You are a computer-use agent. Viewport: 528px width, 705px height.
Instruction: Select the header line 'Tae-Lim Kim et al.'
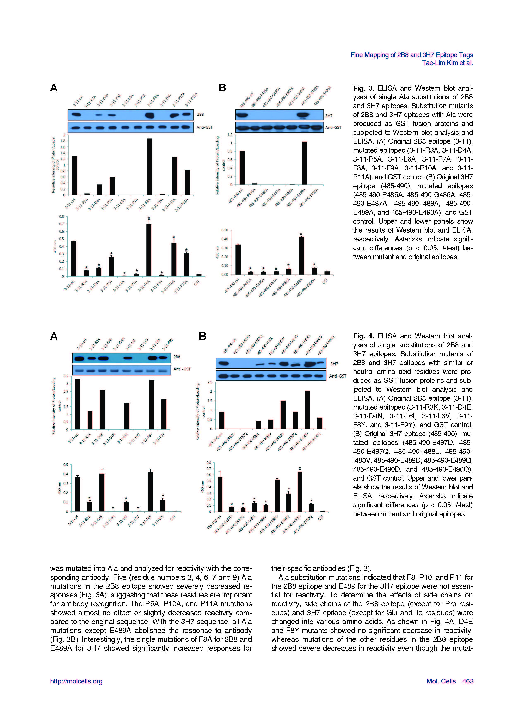coord(447,63)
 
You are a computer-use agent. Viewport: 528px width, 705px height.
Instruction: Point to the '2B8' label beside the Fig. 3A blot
coord(200,114)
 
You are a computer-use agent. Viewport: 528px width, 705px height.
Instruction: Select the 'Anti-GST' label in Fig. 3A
coord(204,127)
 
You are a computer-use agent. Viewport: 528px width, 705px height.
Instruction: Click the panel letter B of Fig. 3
coord(222,88)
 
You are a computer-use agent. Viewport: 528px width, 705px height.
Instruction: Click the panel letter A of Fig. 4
coord(54,336)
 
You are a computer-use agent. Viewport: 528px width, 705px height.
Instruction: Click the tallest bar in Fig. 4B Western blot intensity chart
coord(307,410)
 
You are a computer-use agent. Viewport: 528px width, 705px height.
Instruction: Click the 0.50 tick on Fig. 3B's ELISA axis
coord(225,230)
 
